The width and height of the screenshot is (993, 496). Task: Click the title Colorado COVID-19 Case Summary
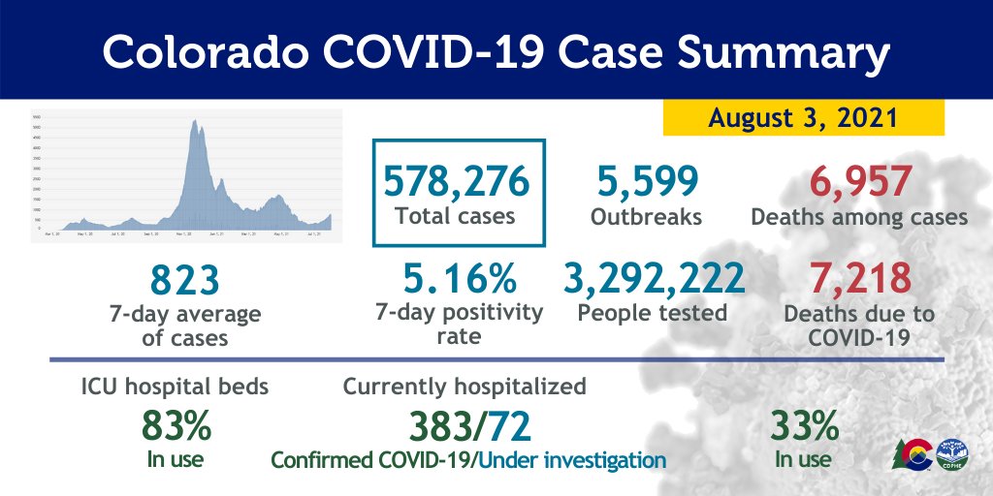coord(496,53)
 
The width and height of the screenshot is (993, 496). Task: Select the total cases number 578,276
coord(456,181)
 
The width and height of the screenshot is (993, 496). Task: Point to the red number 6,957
coord(859,181)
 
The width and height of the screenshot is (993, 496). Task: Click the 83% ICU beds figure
coord(176,425)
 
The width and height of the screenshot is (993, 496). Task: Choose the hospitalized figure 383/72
coord(468,425)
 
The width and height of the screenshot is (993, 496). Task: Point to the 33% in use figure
coord(804,425)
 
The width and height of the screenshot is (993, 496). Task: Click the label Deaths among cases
coord(859,217)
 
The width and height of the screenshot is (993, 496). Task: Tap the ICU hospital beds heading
coord(176,387)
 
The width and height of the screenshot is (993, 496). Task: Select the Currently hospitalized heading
coord(464,387)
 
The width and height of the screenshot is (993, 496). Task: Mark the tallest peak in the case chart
coord(195,121)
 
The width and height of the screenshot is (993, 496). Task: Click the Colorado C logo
coord(915,453)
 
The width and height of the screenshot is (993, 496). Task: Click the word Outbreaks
coord(646,217)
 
